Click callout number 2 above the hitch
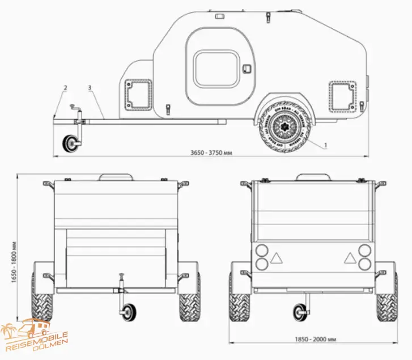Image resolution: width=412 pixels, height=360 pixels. (x=65, y=88)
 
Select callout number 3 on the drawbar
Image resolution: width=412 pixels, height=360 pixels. (x=90, y=88)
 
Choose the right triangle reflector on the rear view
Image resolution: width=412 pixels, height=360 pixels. (x=348, y=258)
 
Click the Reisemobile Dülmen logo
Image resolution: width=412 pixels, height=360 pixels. (x=35, y=337)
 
